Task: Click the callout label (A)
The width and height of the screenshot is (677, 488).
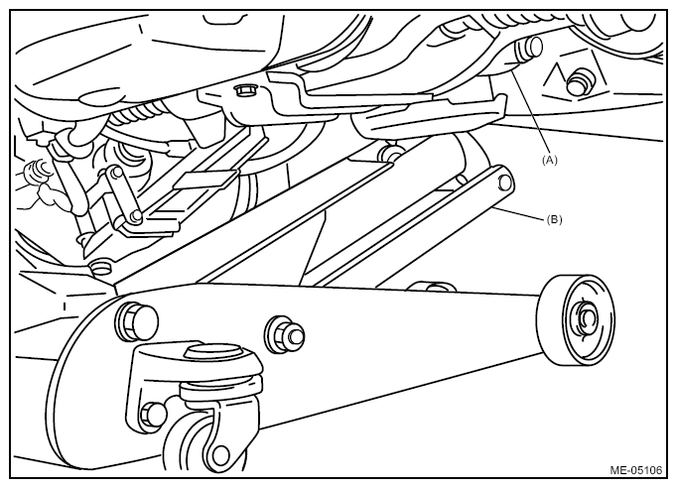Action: (549, 160)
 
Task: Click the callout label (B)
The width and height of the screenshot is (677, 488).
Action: (554, 219)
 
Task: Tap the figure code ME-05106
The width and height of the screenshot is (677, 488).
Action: (635, 470)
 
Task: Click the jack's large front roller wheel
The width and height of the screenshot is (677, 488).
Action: (576, 319)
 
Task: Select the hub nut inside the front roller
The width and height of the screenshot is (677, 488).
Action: (587, 319)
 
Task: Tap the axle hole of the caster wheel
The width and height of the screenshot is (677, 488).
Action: (220, 454)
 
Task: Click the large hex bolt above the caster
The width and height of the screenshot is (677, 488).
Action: (136, 320)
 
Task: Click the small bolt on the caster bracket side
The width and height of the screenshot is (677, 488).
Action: (153, 414)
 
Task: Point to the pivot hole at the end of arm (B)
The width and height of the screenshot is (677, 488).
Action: (504, 183)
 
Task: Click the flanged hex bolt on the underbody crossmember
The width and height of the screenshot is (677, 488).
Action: (245, 90)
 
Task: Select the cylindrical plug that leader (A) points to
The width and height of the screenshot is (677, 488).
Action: (528, 50)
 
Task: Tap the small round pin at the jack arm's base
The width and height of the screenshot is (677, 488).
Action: (100, 267)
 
